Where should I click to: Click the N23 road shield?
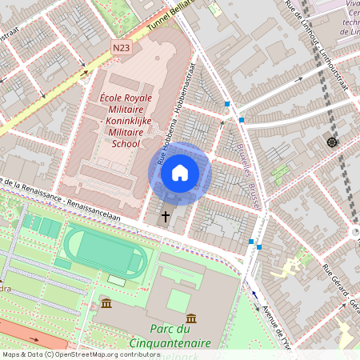[x=122, y=48]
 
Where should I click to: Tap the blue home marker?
[x=180, y=173]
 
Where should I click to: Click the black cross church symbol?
[x=166, y=216]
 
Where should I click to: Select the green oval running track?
[x=106, y=250]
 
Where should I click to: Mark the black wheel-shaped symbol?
[x=332, y=142]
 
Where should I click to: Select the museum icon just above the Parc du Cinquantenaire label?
[x=190, y=318]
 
